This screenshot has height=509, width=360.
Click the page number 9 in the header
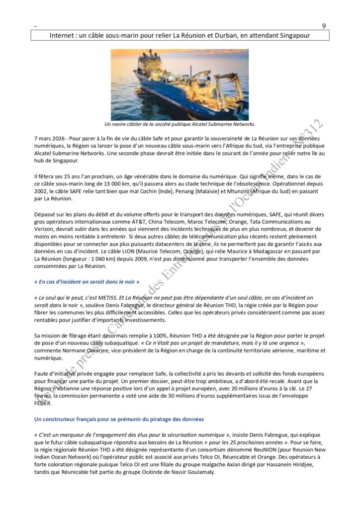pyautogui.click(x=324, y=26)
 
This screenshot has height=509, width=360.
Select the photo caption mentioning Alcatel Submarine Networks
pyautogui.click(x=180, y=124)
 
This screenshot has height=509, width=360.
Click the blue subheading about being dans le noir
pyautogui.click(x=86, y=281)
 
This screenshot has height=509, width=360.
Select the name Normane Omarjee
pyautogui.click(x=93, y=350)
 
